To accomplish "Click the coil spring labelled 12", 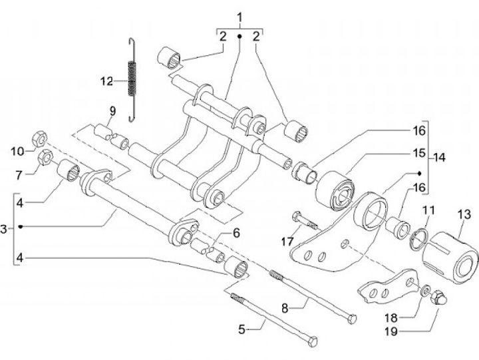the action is (131, 80).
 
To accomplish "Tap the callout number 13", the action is (464, 214).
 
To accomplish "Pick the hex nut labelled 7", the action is (46, 157).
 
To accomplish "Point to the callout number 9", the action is (113, 111).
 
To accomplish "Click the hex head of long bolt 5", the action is (313, 341).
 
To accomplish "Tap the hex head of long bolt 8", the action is (352, 319).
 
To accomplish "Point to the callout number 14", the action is (439, 158).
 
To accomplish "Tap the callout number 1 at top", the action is (239, 17).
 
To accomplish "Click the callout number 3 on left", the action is (3, 229).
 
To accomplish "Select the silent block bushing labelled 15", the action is (335, 191).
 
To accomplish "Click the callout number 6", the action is (236, 232).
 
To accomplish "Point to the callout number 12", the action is (107, 82).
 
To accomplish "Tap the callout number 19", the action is (391, 331).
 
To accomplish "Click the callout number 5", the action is (241, 329).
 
